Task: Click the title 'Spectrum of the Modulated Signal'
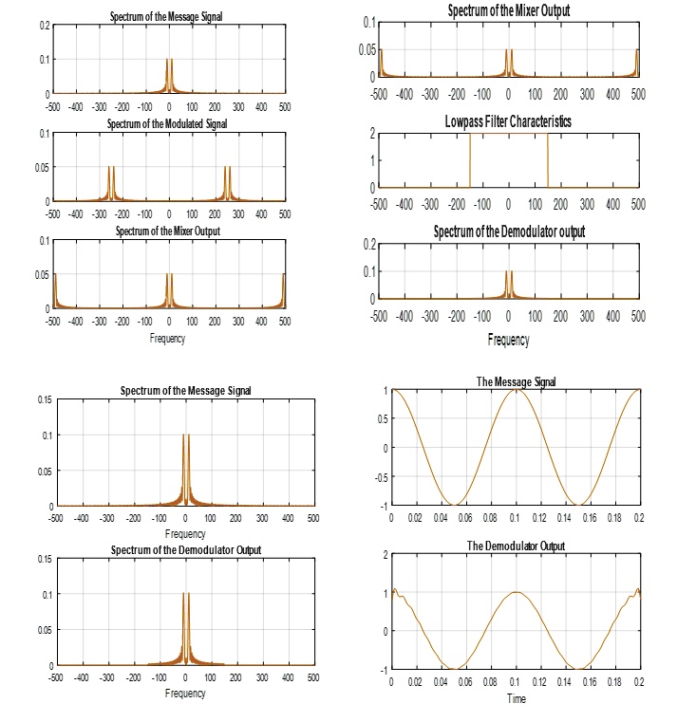pyautogui.click(x=167, y=124)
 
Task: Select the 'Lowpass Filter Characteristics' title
pyautogui.click(x=508, y=121)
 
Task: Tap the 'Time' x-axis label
pyautogui.click(x=516, y=698)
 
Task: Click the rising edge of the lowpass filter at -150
pyautogui.click(x=470, y=161)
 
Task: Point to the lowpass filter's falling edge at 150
pyautogui.click(x=548, y=161)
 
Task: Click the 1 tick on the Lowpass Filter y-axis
pyautogui.click(x=371, y=160)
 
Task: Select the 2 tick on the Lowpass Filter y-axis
pyautogui.click(x=371, y=134)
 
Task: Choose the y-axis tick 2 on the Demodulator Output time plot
pyautogui.click(x=385, y=554)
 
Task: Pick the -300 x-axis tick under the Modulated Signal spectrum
pyautogui.click(x=99, y=213)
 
